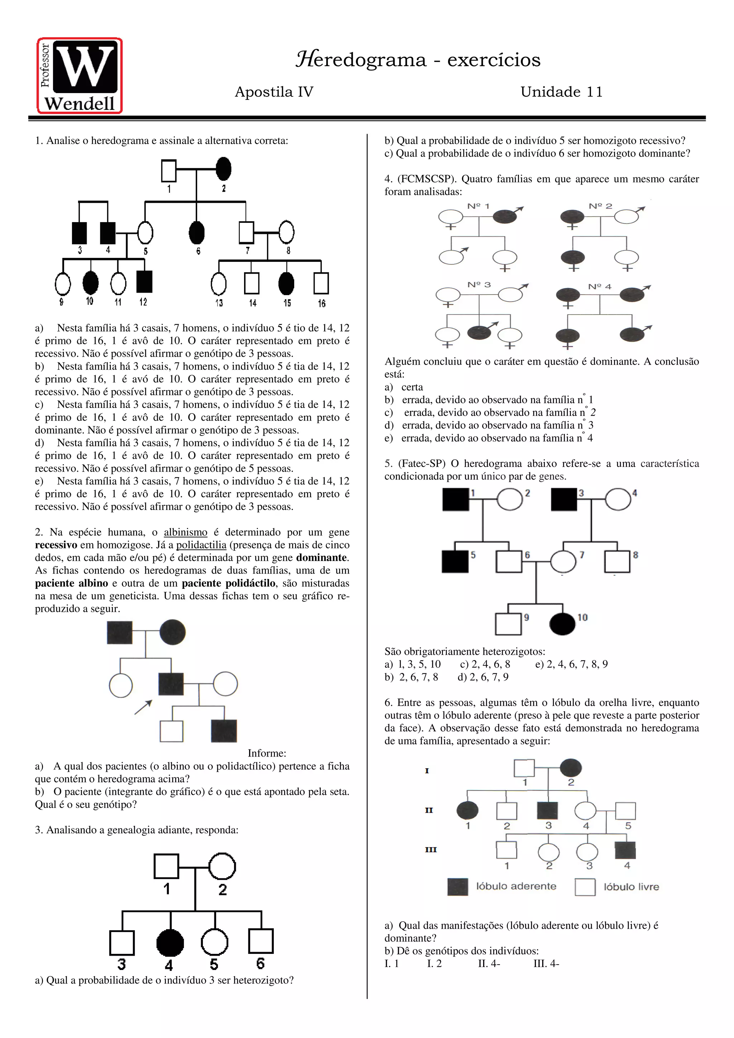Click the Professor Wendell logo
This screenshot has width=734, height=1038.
pos(80,76)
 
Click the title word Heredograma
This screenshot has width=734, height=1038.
pos(361,60)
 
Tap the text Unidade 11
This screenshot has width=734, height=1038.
pos(561,92)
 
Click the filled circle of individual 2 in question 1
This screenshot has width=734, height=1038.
pos(223,169)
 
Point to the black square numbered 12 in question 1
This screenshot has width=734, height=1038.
pos(144,282)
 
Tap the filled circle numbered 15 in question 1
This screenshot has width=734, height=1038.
pos(286,283)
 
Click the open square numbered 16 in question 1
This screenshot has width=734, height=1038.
pos(321,283)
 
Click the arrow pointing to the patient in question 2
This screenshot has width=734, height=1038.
pos(143,707)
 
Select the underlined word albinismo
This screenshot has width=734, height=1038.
pos(185,532)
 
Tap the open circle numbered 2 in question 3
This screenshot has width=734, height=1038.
pos(222,866)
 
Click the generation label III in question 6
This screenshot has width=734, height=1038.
pos(430,850)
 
